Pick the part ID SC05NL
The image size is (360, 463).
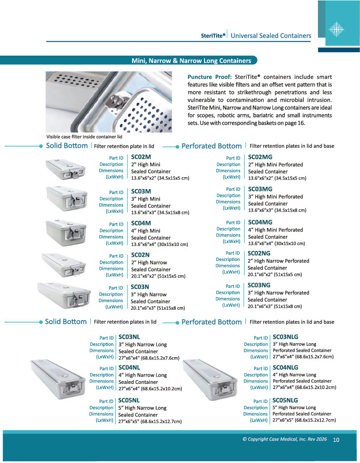[x=129, y=400]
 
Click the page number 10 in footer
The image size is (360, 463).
[x=336, y=439]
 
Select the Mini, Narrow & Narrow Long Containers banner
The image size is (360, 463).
[x=191, y=61]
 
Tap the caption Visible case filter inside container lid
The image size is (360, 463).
[x=85, y=136]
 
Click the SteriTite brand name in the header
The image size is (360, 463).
[x=213, y=36]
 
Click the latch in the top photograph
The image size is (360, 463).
[x=114, y=102]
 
